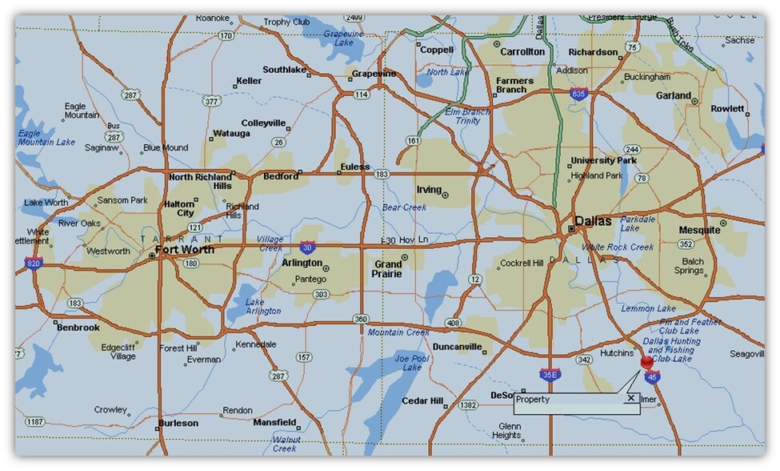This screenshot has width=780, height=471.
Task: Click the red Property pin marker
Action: pyautogui.click(x=646, y=362)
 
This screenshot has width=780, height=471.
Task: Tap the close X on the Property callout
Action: pyautogui.click(x=630, y=398)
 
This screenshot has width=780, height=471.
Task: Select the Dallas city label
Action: pyautogui.click(x=593, y=221)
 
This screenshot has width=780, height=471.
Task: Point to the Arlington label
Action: pyautogui.click(x=302, y=263)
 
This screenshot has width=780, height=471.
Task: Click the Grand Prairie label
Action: pyautogui.click(x=389, y=268)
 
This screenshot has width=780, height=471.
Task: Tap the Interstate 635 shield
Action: pyautogui.click(x=577, y=93)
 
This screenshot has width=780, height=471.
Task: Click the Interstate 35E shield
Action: pyautogui.click(x=549, y=374)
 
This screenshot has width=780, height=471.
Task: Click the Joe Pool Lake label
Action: pyautogui.click(x=408, y=363)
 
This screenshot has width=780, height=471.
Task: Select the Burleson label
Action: pyautogui.click(x=178, y=423)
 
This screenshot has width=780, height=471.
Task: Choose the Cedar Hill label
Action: pyautogui.click(x=422, y=401)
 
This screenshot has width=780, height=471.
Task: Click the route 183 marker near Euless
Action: pyautogui.click(x=382, y=174)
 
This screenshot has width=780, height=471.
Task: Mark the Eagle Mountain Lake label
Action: pyautogui.click(x=46, y=138)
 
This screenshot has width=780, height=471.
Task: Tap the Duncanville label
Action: pyautogui.click(x=457, y=347)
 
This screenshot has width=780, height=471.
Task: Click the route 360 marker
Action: pyautogui.click(x=361, y=320)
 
